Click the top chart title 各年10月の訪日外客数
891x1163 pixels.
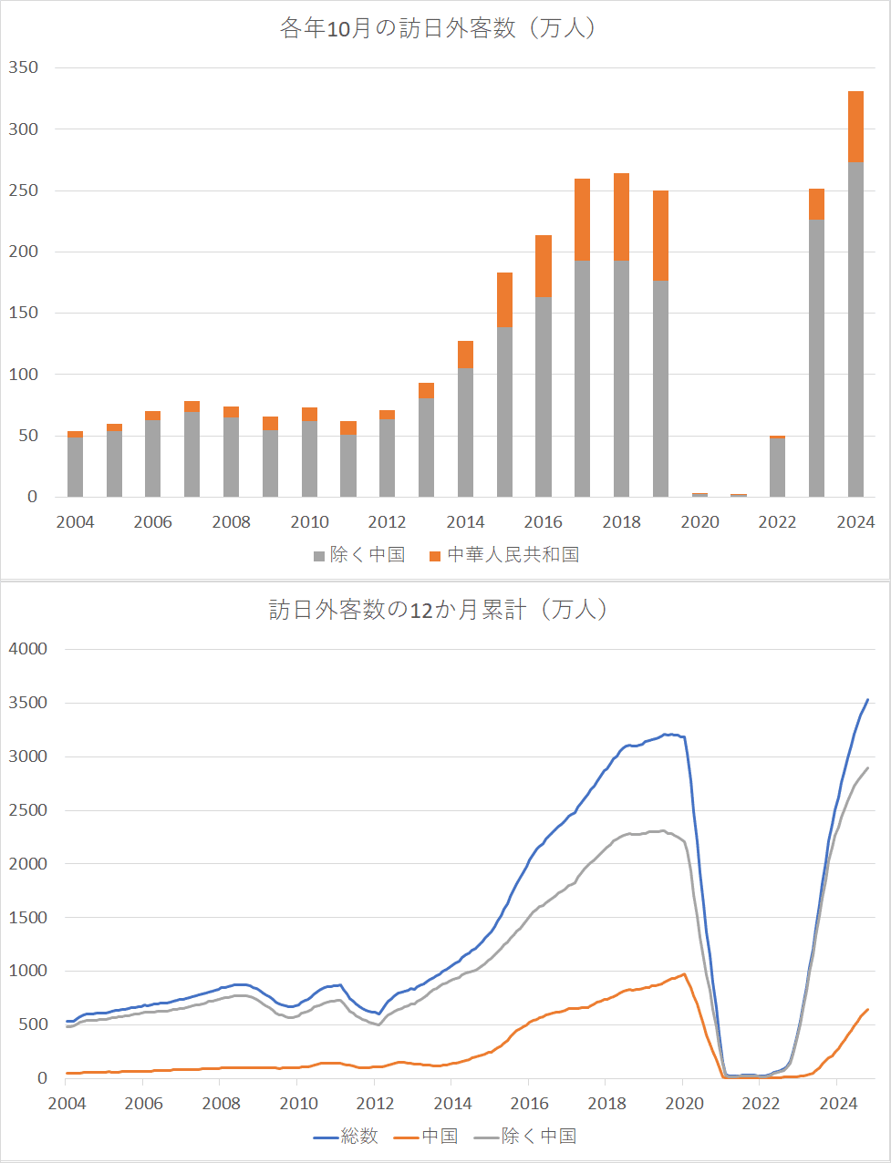point(398,28)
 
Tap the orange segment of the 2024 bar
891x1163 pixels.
point(855,127)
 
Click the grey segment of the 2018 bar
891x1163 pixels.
point(621,379)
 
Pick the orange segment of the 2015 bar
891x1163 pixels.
point(504,300)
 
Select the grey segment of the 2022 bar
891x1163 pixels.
point(778,468)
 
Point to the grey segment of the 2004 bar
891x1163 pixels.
point(75,468)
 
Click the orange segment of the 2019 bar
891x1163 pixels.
point(660,235)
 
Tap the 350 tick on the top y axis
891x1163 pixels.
point(23,67)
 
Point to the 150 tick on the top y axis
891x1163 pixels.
point(23,313)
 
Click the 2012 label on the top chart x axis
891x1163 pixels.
point(387,522)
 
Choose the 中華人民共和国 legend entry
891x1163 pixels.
point(504,555)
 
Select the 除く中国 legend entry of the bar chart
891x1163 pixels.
point(359,555)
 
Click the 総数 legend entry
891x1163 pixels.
point(346,1136)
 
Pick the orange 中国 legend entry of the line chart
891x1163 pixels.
point(426,1136)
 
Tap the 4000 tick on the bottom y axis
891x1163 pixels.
point(28,649)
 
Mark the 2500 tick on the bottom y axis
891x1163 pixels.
point(28,810)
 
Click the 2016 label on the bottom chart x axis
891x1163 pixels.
point(529,1104)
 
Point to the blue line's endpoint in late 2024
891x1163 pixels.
point(867,699)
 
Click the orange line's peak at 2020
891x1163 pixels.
point(684,974)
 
